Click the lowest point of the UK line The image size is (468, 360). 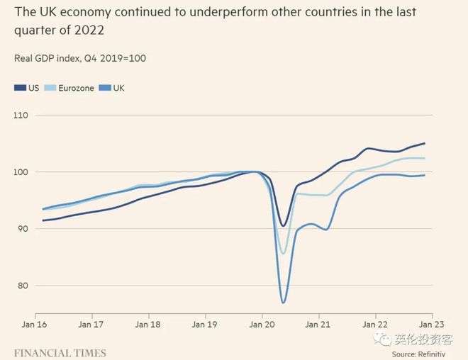click(x=283, y=303)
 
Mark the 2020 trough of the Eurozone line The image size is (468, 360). click(x=283, y=253)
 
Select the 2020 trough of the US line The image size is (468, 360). click(x=283, y=226)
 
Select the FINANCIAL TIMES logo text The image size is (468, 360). click(x=60, y=352)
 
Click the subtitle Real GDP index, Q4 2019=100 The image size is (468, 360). click(x=80, y=57)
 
